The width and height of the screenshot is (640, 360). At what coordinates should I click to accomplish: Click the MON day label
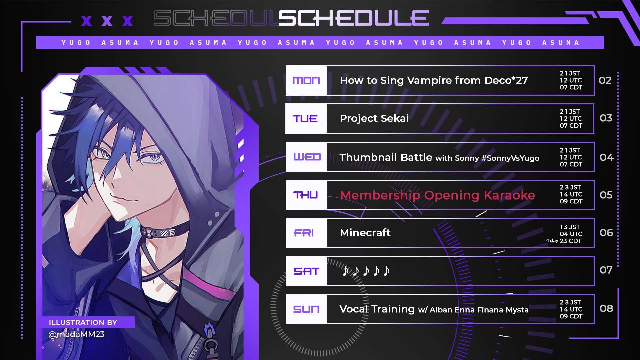coord(306,81)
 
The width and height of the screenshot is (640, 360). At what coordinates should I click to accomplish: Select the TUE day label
coord(305,119)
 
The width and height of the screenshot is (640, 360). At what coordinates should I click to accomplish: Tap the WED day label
coord(307,157)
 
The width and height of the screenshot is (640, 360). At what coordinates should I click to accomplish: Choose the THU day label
coord(305,195)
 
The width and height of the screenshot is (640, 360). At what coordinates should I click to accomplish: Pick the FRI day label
coord(304,233)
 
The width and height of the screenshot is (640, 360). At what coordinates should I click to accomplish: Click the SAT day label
coord(307,271)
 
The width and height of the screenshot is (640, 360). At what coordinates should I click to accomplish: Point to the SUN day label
coord(306,309)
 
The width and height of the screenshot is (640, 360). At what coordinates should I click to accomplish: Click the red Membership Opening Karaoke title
coord(437,195)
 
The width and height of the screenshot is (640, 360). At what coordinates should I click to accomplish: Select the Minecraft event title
coord(365,232)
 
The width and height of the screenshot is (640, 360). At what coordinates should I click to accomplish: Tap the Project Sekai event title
coord(374,119)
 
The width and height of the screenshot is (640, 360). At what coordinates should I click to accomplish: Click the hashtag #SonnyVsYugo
coord(510,158)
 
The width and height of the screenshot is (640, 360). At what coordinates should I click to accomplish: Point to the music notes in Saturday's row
coord(366,271)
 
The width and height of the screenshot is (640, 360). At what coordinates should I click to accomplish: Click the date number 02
coord(605,80)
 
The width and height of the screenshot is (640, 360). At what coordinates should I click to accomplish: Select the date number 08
coord(606,308)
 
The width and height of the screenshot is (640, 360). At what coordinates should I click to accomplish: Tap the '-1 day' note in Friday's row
coord(552,241)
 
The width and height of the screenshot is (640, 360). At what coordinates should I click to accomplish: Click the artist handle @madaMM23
coord(76,334)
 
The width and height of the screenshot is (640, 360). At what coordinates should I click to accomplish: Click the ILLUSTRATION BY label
coord(83,322)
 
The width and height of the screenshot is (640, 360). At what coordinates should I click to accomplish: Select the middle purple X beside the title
coord(107,21)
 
